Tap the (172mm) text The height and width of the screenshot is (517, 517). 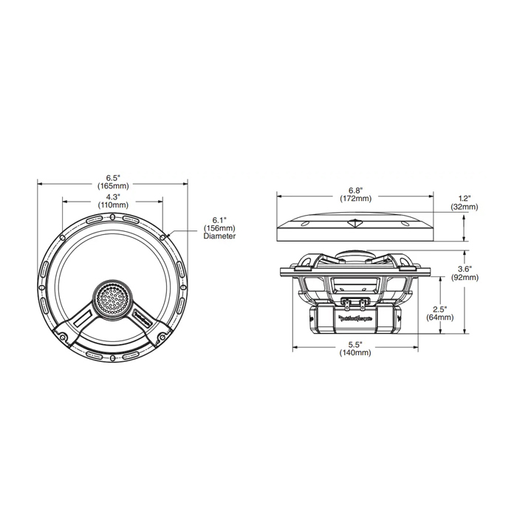pos(355,199)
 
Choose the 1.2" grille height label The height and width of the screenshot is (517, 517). pos(464,199)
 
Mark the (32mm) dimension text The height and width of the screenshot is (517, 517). pos(464,208)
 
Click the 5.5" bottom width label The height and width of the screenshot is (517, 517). pos(355,345)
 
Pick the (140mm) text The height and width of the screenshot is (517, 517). pos(355,354)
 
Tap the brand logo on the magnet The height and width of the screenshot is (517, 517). pos(357,320)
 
